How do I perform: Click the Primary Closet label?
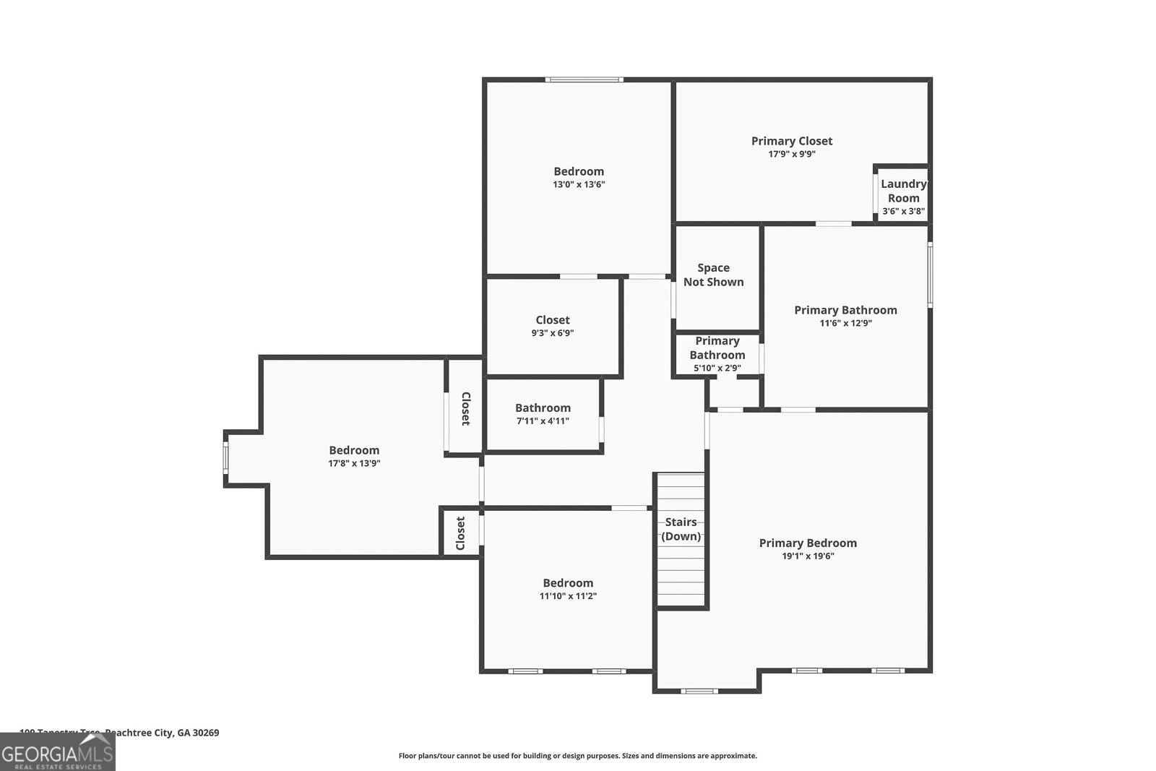(x=791, y=141)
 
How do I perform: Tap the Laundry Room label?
(x=903, y=191)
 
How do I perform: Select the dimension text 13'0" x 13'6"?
(x=578, y=184)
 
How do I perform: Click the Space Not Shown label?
(x=713, y=275)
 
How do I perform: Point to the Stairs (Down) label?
(x=681, y=529)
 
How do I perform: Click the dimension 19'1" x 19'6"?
(x=808, y=556)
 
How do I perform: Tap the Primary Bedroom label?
(x=808, y=543)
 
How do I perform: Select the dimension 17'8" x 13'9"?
(x=354, y=463)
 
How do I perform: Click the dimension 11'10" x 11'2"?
(x=568, y=596)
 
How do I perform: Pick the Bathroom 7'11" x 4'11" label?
(x=543, y=408)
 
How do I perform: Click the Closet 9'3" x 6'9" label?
(x=553, y=320)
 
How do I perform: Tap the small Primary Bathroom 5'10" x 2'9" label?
(x=717, y=348)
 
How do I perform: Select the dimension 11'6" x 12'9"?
(x=845, y=323)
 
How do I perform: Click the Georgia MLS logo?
(x=57, y=752)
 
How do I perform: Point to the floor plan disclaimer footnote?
(x=577, y=756)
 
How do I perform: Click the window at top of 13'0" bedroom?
(x=584, y=79)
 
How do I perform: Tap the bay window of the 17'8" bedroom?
(x=225, y=457)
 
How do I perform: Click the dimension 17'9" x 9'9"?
(x=791, y=154)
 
